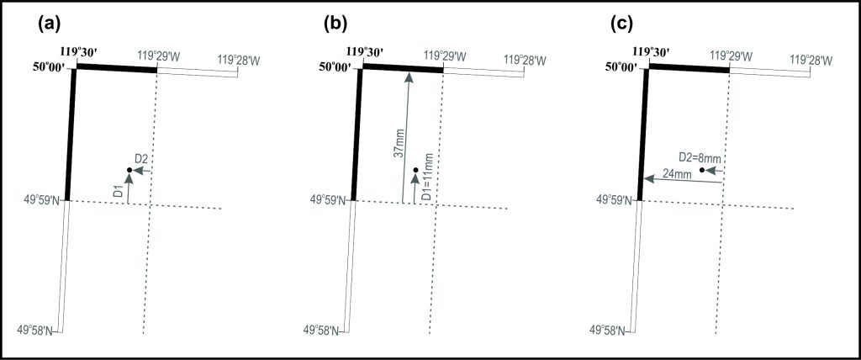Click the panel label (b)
click(335, 24)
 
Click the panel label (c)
click(622, 24)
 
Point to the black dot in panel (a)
click(129, 171)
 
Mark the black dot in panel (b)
click(415, 171)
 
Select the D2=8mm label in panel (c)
click(700, 157)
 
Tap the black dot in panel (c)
click(702, 171)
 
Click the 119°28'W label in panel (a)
click(239, 60)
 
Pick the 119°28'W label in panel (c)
click(811, 60)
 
